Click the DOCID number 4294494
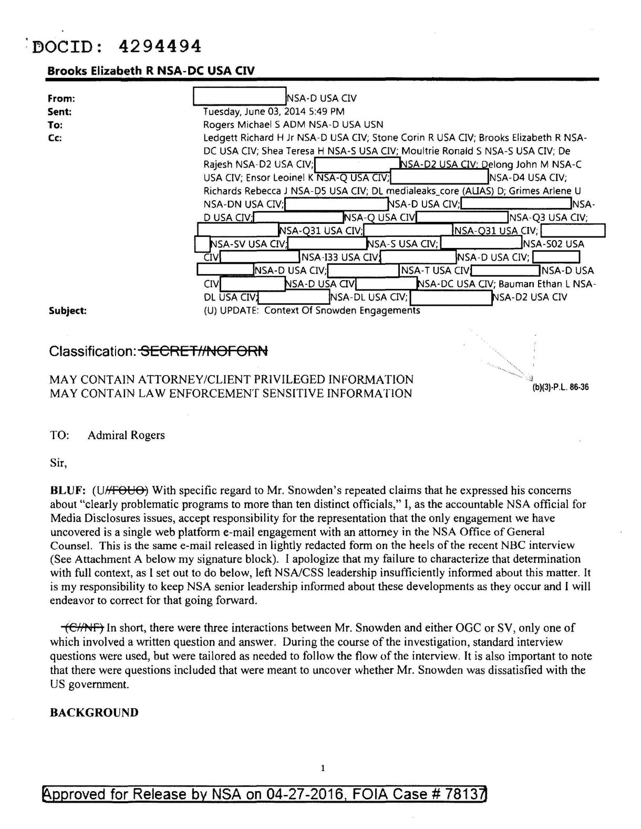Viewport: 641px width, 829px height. pyautogui.click(x=160, y=47)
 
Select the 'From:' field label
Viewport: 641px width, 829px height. pyautogui.click(x=61, y=98)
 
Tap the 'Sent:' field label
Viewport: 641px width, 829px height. pyautogui.click(x=59, y=111)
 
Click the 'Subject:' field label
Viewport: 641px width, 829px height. pyautogui.click(x=67, y=310)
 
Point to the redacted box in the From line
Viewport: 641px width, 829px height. pyautogui.click(x=239, y=97)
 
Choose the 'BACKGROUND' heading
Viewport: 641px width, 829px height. pyautogui.click(x=94, y=712)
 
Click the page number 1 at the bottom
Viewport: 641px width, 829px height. pyautogui.click(x=323, y=769)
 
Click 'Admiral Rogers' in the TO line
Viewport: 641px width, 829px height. pyautogui.click(x=126, y=435)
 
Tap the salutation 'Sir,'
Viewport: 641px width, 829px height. pyautogui.click(x=58, y=463)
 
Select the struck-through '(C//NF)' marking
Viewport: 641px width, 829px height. pyautogui.click(x=83, y=628)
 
